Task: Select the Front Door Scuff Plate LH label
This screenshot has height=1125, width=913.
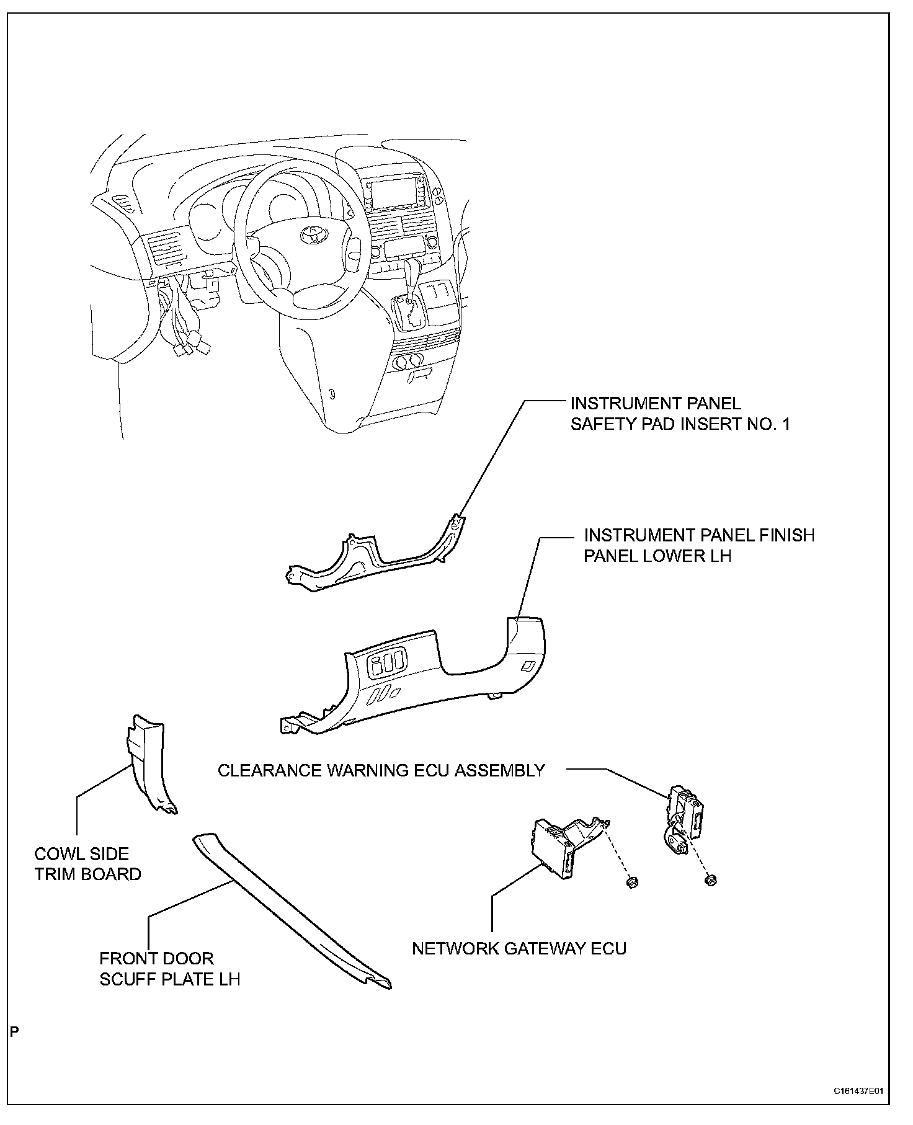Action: [169, 968]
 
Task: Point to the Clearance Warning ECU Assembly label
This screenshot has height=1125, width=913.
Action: [381, 770]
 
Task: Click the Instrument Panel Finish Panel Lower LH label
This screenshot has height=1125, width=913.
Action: [698, 545]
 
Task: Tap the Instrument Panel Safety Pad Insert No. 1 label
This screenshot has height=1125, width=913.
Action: [680, 414]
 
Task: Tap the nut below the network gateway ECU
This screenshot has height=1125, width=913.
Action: [632, 882]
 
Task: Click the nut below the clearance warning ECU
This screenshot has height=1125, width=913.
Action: [711, 880]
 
